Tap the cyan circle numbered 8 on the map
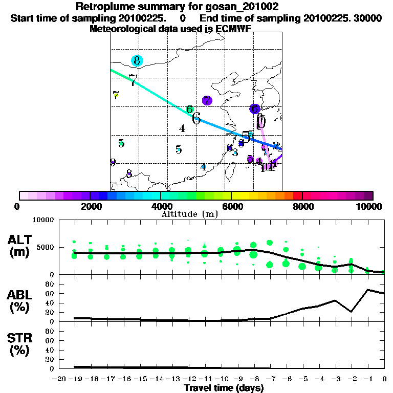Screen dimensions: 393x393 pos(137,61)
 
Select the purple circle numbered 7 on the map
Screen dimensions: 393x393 pos(207,100)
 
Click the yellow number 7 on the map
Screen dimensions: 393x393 pos(116,95)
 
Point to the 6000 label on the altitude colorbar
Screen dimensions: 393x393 pos(232,206)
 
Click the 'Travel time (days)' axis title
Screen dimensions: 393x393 pos(224,388)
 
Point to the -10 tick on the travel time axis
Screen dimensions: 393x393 pos(221,379)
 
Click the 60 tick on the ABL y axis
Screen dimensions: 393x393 pos(50,293)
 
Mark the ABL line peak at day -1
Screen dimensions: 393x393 pos(368,290)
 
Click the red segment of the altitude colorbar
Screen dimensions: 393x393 pos(297,195)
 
